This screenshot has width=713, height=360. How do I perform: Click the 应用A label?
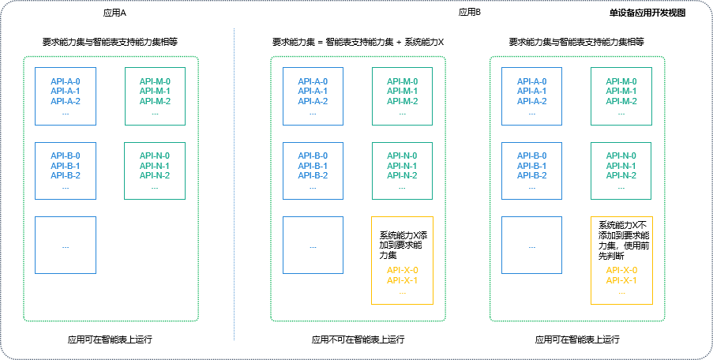[115, 13]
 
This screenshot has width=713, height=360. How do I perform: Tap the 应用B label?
[470, 13]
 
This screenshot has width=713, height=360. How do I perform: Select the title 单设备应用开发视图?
[647, 13]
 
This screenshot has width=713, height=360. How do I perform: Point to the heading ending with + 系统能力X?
[358, 42]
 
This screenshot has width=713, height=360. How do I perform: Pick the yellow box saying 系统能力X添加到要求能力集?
[403, 261]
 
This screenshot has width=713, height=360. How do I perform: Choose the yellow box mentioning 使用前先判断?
[621, 261]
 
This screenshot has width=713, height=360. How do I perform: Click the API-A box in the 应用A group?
[66, 96]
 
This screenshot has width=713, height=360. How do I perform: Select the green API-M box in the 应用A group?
[155, 96]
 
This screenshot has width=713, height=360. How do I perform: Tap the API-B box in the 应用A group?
[66, 171]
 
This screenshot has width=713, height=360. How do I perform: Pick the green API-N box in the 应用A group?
[155, 171]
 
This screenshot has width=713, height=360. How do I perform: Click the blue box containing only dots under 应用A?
[66, 245]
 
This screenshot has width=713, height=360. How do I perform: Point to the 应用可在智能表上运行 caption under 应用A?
[111, 339]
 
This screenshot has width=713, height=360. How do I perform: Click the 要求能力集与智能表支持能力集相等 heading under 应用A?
[110, 42]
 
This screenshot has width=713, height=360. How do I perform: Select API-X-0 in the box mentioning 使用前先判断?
[621, 270]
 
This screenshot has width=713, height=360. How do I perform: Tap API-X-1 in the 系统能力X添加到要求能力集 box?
[403, 280]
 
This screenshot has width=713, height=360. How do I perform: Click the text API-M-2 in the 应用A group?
[155, 101]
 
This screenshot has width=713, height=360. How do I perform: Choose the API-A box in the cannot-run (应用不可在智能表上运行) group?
[313, 96]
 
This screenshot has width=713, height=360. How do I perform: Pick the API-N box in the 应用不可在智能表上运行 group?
[403, 171]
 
